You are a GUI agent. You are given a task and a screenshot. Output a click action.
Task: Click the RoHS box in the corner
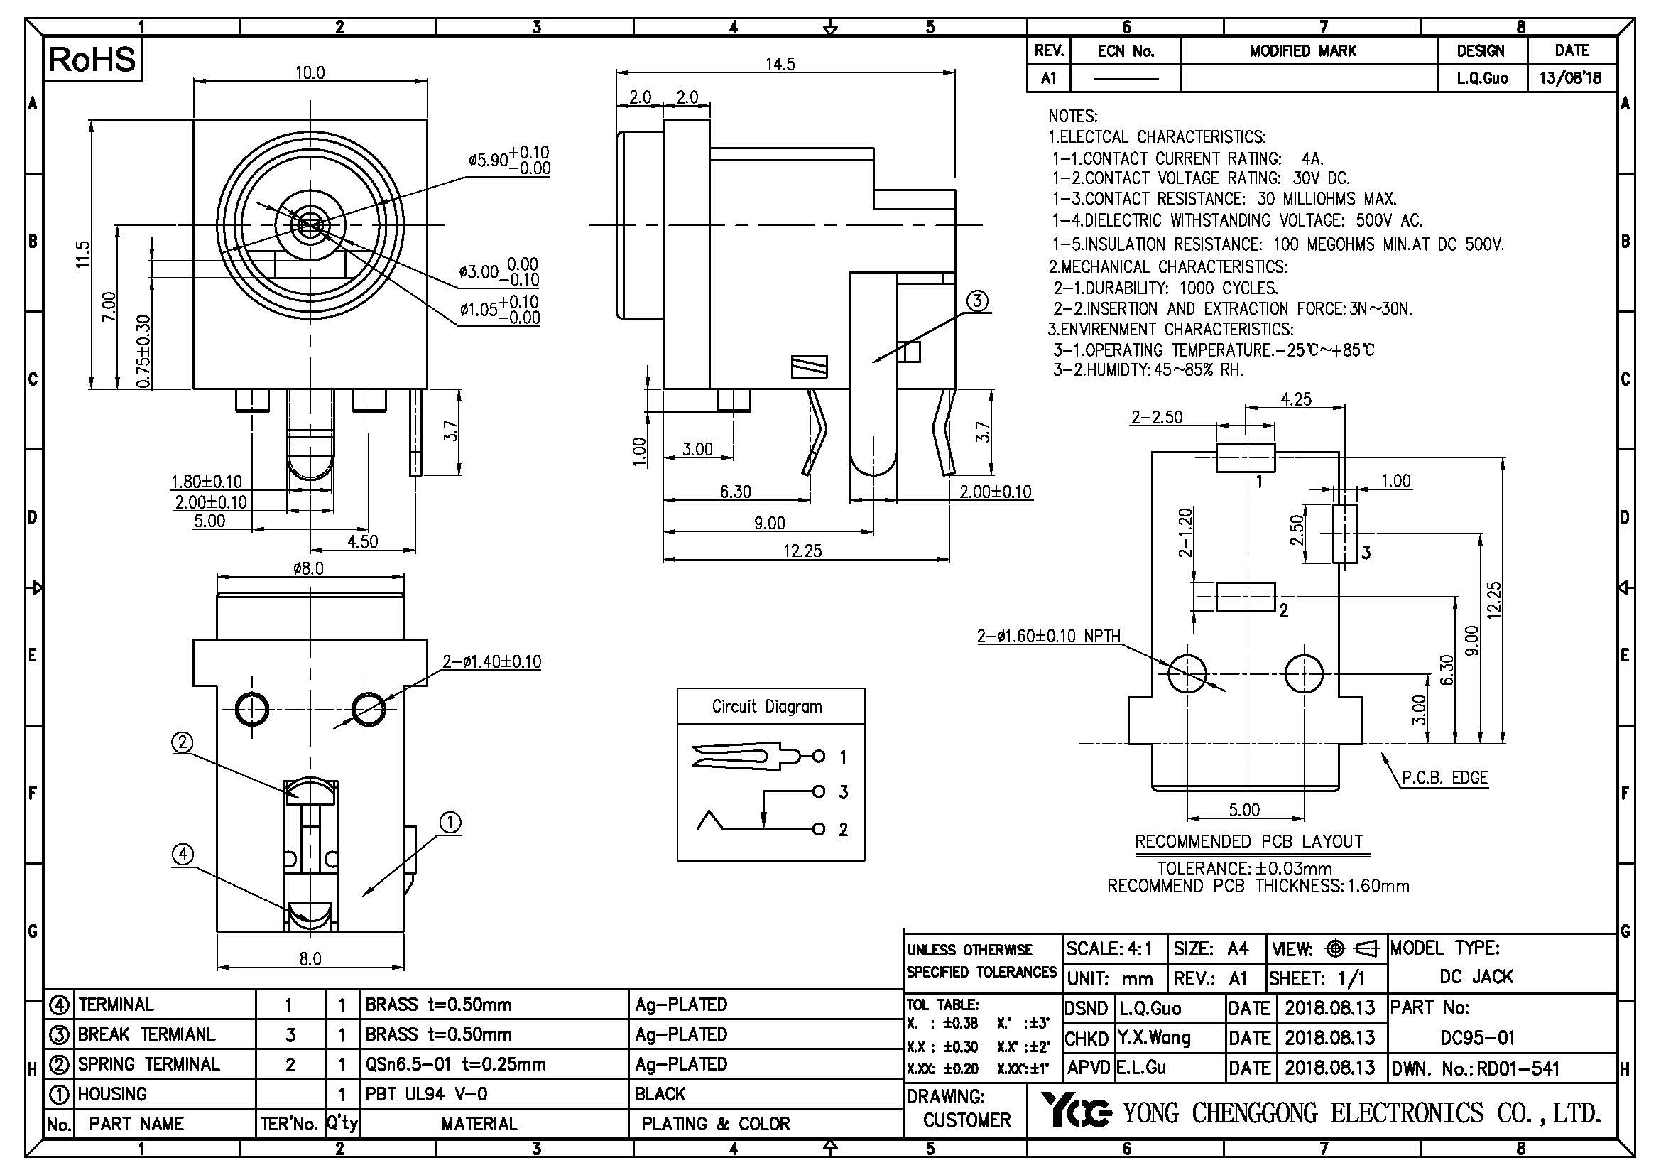[92, 60]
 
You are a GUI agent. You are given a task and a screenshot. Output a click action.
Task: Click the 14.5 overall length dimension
[780, 65]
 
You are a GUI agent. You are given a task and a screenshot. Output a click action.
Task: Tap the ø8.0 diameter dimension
[309, 569]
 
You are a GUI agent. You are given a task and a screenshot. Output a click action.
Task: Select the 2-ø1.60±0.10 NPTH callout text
[1048, 637]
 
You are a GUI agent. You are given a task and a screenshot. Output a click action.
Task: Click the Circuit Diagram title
[767, 706]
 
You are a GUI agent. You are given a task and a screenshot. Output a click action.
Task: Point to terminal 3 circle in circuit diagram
[818, 791]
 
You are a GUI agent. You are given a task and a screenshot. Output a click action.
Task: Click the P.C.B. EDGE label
[1444, 778]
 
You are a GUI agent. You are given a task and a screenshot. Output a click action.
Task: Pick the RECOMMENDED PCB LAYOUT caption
[1249, 841]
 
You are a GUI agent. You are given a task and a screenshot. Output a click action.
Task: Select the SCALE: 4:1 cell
[1109, 948]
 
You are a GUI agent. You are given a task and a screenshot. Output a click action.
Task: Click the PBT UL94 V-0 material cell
[426, 1094]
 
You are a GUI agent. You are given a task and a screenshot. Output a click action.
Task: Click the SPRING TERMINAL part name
[148, 1064]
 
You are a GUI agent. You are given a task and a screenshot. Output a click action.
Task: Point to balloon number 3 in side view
[977, 301]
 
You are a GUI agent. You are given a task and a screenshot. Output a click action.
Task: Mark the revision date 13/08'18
[1571, 78]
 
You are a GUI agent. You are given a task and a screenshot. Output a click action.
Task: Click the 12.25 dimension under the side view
[802, 551]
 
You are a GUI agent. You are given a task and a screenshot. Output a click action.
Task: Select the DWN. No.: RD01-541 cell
[1475, 1068]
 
